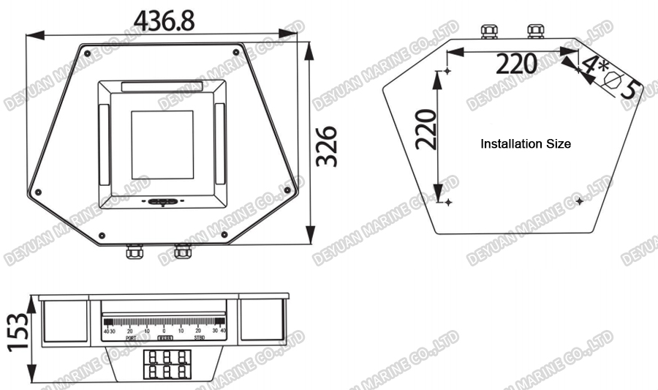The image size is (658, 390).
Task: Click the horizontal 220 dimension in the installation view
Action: [x=517, y=64]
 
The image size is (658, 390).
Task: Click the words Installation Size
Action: [x=525, y=144]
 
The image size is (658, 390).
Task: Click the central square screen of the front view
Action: [x=162, y=144]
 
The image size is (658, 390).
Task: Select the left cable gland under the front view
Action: [x=135, y=252]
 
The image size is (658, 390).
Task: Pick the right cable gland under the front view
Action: [x=182, y=252]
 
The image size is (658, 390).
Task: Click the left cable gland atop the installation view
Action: [x=488, y=30]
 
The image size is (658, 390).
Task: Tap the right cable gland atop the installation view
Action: [x=536, y=30]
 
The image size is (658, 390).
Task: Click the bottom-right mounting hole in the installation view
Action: [x=580, y=200]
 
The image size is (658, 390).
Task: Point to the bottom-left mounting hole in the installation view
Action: [x=447, y=201]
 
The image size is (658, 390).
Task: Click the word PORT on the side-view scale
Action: [x=131, y=338]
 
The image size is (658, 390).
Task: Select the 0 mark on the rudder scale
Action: [x=164, y=331]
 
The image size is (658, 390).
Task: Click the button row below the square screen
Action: [x=162, y=202]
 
